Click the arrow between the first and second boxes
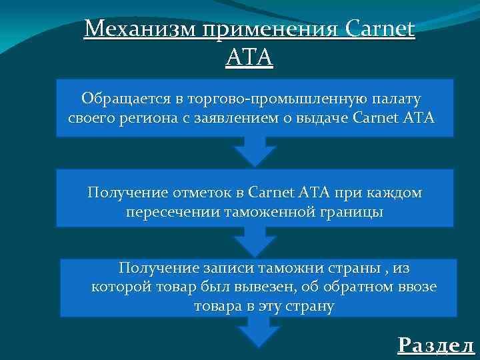(x=255, y=151)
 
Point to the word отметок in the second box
(x=198, y=193)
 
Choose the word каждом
(x=394, y=193)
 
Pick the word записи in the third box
(x=227, y=268)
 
